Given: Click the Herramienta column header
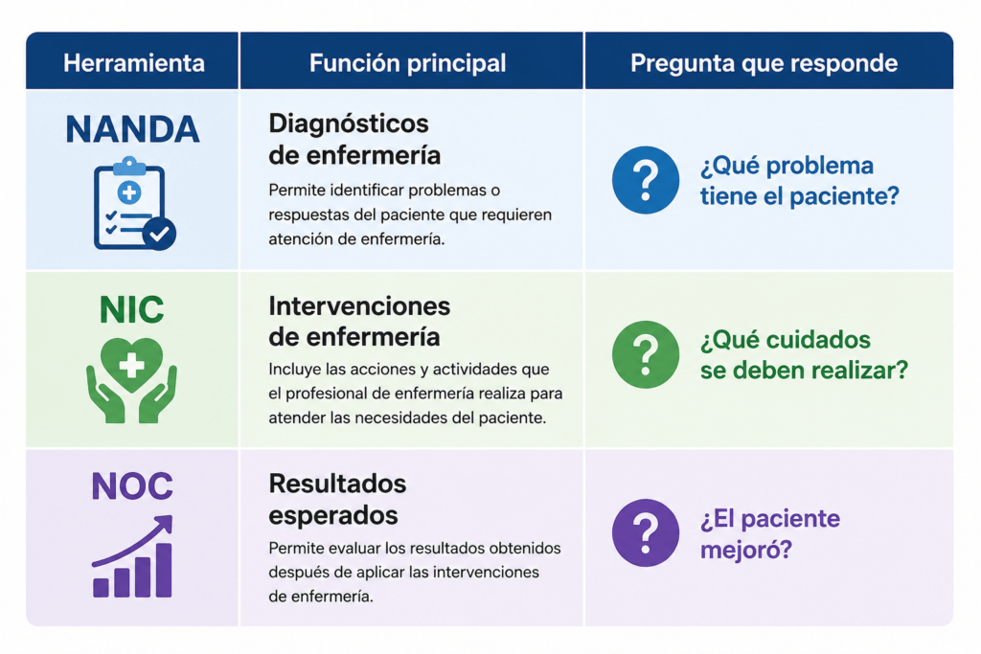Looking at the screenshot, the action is [x=134, y=63].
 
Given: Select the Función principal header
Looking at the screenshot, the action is [x=407, y=63].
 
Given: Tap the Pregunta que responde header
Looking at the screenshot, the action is [x=764, y=63].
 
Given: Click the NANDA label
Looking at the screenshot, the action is [x=132, y=129].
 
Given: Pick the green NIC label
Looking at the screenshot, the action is [x=132, y=309].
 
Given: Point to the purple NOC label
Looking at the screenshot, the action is [x=132, y=485].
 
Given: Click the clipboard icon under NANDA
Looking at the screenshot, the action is [x=133, y=204].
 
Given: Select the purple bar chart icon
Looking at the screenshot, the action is [x=132, y=555].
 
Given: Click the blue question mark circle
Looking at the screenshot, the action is [x=645, y=180].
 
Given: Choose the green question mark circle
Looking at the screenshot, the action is [x=645, y=354].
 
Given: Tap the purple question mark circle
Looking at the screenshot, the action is [x=645, y=532].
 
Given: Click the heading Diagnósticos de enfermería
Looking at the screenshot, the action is [x=354, y=140].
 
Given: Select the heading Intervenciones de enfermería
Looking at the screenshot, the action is [x=359, y=322].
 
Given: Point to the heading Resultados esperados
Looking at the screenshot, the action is [x=337, y=500].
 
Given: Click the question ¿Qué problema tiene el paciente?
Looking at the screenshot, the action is [x=800, y=181].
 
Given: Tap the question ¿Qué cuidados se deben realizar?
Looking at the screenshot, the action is [x=804, y=355].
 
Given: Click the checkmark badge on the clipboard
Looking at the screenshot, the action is [x=159, y=234].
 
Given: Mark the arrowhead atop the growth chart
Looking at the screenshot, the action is [x=165, y=523].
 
